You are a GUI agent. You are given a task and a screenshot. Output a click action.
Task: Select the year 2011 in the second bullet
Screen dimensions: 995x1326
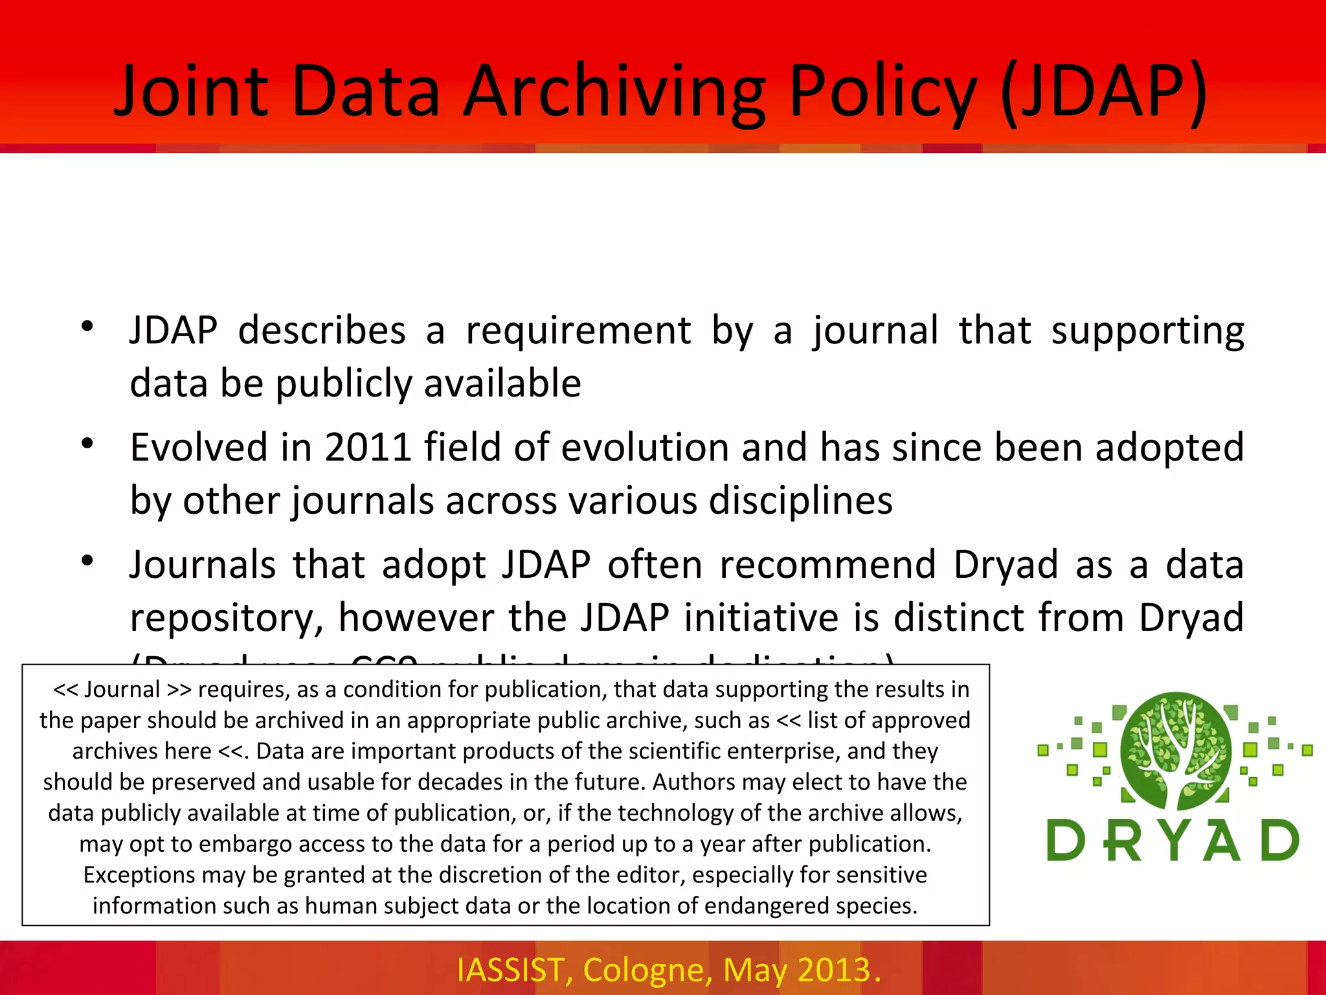click(x=368, y=447)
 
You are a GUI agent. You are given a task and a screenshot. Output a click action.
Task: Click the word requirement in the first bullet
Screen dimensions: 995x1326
click(x=578, y=330)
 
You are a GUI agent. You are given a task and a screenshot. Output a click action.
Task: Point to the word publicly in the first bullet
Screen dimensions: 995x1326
click(x=343, y=383)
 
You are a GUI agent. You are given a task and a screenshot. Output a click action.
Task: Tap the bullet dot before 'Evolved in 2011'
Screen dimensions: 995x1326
click(x=88, y=444)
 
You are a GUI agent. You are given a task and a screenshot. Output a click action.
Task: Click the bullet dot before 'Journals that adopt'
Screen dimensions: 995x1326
click(x=88, y=560)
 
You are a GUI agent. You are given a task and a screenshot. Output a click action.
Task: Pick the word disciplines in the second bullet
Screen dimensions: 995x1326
click(x=800, y=500)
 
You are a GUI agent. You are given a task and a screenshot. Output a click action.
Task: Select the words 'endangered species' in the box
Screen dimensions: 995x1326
click(x=810, y=906)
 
